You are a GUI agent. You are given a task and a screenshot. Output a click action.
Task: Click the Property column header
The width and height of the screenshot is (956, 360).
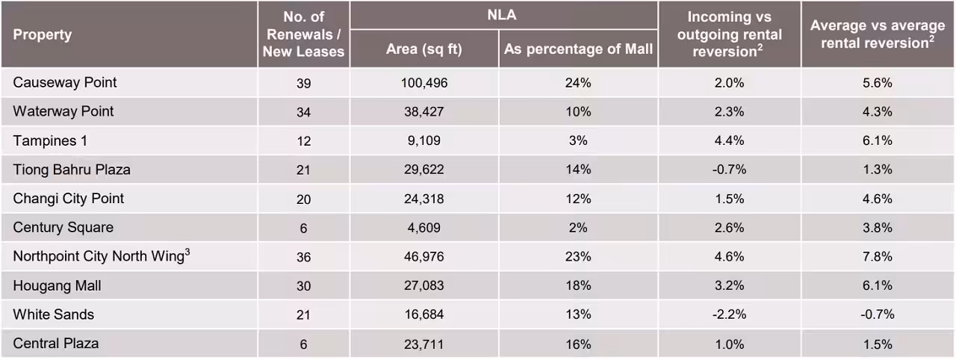(43, 34)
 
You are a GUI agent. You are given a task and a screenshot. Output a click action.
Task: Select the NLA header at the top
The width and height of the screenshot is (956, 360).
(503, 14)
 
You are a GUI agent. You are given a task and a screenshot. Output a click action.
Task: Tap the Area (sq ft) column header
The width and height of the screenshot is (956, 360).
(423, 49)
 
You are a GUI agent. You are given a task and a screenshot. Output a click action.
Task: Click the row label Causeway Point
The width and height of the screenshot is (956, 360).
(65, 82)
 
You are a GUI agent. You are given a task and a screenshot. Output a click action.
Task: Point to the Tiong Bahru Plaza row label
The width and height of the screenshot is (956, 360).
(72, 170)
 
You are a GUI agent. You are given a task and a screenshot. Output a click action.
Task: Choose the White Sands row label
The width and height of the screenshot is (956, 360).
(54, 314)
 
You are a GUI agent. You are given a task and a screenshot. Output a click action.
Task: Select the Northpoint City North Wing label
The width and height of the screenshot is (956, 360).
(101, 257)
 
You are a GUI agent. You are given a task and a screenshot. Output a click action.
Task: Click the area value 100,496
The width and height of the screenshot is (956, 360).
(423, 83)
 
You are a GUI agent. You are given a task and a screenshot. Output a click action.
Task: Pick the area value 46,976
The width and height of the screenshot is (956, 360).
(423, 257)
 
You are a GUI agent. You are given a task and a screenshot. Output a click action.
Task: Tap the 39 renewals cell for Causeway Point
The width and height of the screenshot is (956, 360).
(303, 83)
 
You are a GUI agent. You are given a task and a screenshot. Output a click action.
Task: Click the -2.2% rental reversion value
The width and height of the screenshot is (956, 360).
(729, 315)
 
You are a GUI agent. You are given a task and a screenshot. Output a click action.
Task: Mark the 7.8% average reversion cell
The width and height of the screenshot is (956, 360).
(878, 257)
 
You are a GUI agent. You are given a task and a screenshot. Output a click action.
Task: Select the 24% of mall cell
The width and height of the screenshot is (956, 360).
(578, 83)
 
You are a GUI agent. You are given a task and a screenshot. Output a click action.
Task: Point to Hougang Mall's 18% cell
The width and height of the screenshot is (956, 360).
(578, 286)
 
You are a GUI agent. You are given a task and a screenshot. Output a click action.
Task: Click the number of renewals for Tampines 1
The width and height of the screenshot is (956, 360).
(303, 141)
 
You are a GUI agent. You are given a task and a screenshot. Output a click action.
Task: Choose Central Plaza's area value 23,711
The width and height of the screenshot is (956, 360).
(423, 344)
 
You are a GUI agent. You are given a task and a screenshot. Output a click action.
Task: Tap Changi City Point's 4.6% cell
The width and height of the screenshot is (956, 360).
(878, 199)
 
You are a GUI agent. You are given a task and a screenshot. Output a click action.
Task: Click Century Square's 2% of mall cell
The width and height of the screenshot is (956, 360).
(578, 228)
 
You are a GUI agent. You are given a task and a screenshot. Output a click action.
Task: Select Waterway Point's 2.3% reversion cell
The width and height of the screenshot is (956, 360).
(729, 112)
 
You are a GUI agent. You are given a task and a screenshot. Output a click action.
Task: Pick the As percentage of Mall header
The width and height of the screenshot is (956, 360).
(578, 49)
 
